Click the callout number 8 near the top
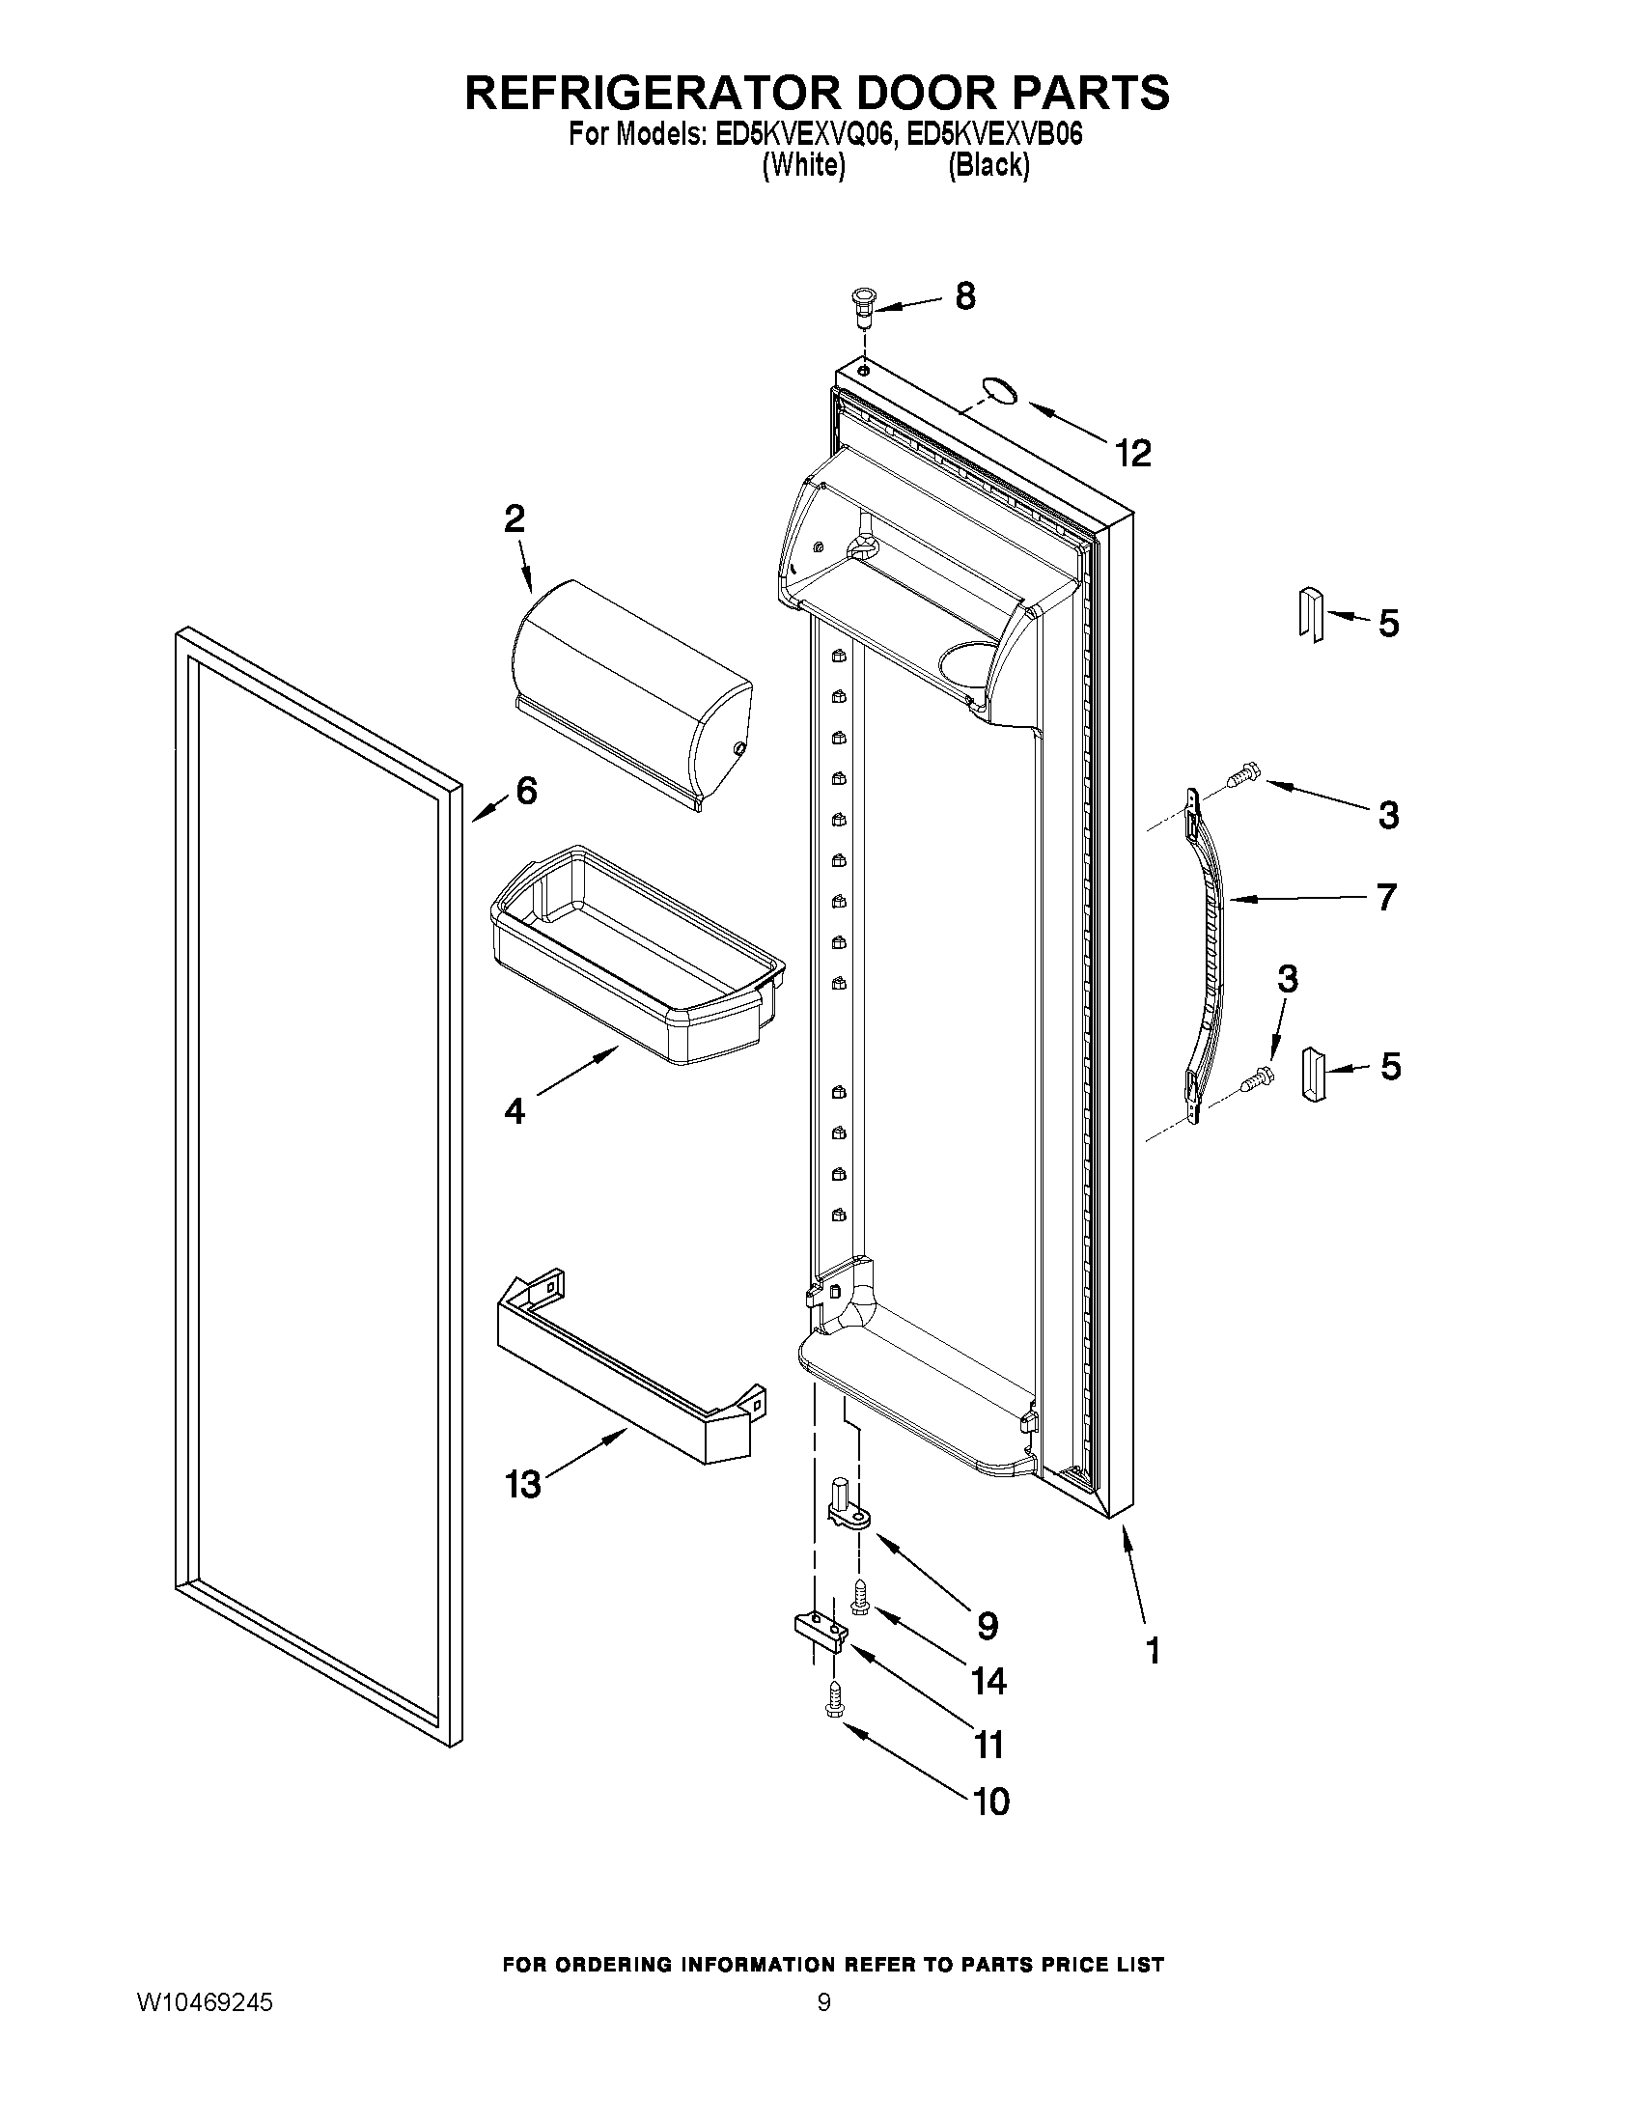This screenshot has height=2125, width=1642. click(x=964, y=295)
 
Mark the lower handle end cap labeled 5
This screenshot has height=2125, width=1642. click(x=1313, y=1074)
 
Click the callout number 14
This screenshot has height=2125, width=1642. click(x=988, y=1681)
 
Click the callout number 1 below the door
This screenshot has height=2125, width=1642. click(x=1153, y=1650)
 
